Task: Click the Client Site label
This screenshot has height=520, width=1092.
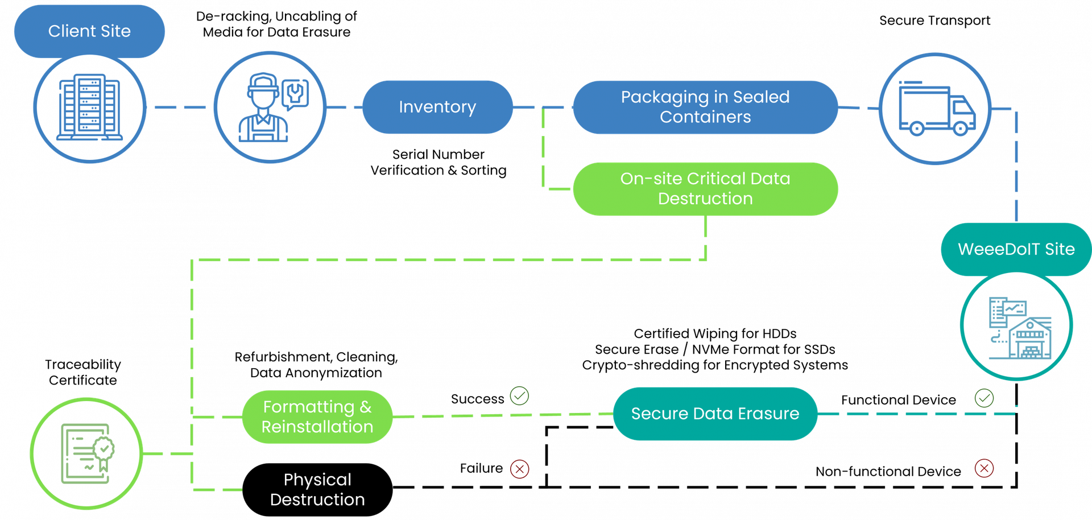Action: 89,31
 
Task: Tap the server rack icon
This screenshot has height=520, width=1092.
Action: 89,107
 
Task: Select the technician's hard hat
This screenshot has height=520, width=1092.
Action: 262,83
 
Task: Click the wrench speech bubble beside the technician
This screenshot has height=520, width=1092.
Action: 295,93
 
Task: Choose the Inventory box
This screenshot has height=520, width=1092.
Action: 437,107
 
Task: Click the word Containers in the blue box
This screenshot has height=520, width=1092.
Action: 705,117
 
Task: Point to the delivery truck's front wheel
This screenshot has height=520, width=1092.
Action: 961,128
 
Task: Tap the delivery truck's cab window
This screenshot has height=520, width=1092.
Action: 961,107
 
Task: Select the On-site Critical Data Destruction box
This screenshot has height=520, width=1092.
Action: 705,189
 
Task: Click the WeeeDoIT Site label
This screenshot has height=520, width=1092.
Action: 1016,249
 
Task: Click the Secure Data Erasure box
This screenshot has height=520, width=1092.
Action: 715,414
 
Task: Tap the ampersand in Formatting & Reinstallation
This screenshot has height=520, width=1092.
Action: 366,407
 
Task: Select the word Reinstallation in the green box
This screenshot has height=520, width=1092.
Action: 317,427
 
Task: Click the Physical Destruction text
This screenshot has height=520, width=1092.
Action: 317,489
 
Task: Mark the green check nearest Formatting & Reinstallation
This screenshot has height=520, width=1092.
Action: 519,395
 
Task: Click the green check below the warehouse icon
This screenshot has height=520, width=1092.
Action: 984,398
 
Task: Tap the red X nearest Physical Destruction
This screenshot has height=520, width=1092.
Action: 519,469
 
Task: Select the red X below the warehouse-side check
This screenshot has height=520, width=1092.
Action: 984,468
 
